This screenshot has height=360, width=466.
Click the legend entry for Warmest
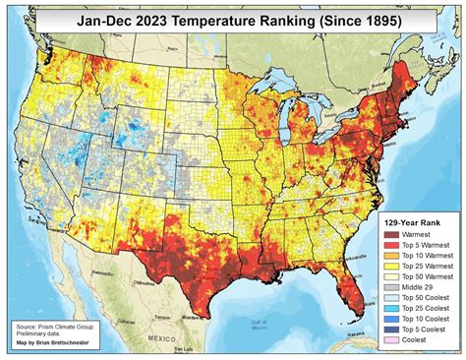pyautogui.click(x=413, y=237)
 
